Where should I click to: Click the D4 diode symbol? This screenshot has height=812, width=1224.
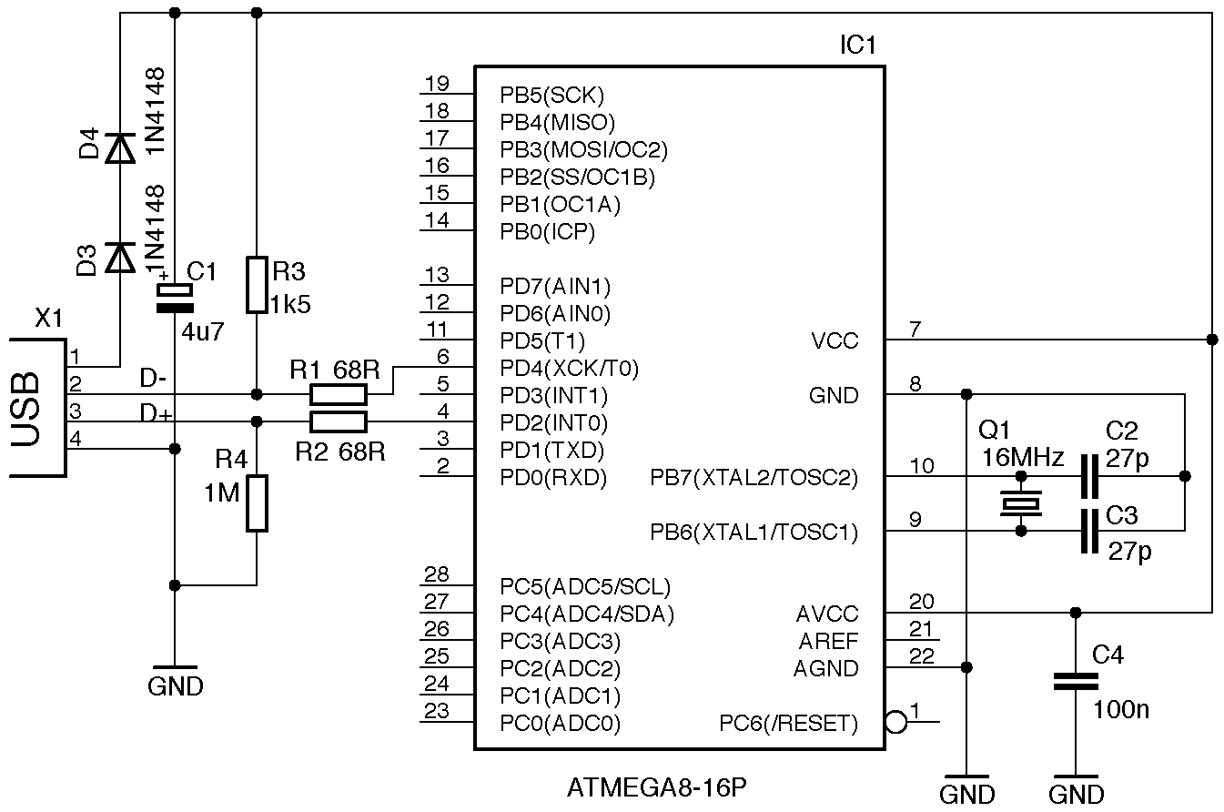(119, 147)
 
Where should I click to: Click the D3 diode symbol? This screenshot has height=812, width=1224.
(119, 258)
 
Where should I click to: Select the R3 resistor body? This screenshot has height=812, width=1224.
(258, 285)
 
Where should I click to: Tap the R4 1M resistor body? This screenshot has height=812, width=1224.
(258, 503)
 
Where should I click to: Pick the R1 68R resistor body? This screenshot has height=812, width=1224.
(339, 394)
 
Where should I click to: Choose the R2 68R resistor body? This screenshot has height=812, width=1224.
(339, 421)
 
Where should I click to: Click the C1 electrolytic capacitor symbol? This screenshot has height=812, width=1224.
(175, 298)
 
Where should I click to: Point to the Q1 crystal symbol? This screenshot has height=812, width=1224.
(1021, 502)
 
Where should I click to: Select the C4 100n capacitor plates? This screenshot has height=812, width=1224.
(1076, 682)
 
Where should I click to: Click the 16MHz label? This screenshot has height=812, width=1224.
(1022, 459)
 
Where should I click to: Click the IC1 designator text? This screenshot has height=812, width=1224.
(856, 46)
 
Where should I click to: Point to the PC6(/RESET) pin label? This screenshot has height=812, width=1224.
(788, 724)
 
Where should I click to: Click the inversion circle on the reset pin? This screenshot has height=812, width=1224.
(895, 723)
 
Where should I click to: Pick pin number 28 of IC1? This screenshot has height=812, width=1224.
(437, 574)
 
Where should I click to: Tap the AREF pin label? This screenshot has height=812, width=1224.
(828, 642)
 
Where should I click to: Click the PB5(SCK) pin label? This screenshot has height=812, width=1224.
(552, 95)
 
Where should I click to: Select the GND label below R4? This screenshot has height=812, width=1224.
(175, 686)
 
